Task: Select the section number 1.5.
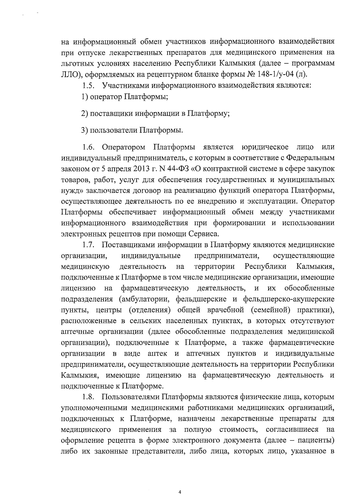88,86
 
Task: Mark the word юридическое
265,147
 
